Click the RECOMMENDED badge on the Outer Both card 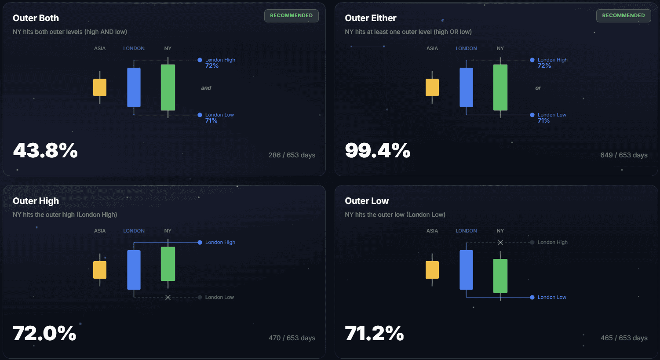(291, 15)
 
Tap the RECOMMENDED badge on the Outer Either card (623, 15)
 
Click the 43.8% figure (45, 150)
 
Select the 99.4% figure (377, 150)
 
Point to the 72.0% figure (44, 333)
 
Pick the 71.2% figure (374, 333)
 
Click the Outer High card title (36, 201)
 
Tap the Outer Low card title (367, 201)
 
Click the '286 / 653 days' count (292, 155)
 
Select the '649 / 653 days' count (624, 155)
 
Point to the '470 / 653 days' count (292, 338)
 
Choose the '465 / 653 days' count (624, 338)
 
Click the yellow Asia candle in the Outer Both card (100, 87)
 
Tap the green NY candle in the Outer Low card (500, 276)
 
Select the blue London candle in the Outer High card (134, 269)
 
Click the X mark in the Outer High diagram (168, 298)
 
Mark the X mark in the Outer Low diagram (500, 243)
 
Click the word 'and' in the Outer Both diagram (206, 88)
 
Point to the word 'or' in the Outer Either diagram (538, 88)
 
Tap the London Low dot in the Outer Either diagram (532, 115)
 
